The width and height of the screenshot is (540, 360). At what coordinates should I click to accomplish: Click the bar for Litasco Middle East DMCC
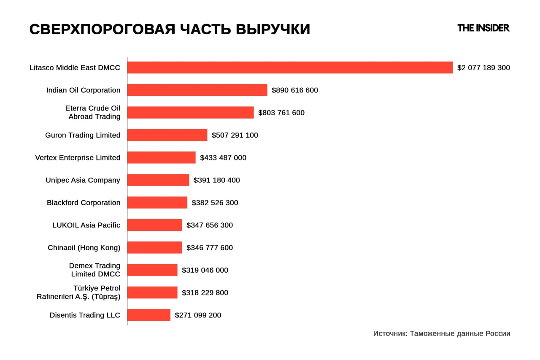(290, 68)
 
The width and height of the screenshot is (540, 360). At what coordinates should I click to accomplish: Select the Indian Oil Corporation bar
(197, 90)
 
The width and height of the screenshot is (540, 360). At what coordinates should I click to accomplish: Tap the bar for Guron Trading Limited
(167, 135)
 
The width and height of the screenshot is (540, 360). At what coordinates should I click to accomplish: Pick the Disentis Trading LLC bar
(148, 315)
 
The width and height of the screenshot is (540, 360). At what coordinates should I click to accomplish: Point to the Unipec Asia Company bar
(158, 180)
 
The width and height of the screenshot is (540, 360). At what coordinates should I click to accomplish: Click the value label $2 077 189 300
(483, 68)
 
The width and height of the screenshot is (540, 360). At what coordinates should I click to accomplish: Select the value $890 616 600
(295, 90)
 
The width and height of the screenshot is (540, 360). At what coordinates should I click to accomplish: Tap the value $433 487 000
(223, 158)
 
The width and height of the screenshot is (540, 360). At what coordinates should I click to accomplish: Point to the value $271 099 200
(198, 315)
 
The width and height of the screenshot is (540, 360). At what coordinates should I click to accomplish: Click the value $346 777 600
(210, 248)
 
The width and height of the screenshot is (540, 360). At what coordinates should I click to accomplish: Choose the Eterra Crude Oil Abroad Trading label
(93, 112)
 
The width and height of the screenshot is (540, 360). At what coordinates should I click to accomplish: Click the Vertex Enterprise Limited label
(78, 158)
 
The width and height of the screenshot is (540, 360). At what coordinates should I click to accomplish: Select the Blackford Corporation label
(84, 203)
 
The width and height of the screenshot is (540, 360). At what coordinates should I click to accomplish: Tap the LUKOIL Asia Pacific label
(86, 225)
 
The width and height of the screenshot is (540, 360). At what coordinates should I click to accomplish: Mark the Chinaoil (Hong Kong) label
(84, 248)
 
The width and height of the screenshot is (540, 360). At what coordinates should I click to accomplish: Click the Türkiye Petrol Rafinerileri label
(79, 292)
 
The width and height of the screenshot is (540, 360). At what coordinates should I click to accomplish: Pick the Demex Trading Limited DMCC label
(95, 270)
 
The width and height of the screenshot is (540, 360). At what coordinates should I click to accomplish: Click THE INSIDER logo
(483, 28)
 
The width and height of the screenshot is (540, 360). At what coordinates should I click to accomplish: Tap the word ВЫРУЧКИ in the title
(273, 30)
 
